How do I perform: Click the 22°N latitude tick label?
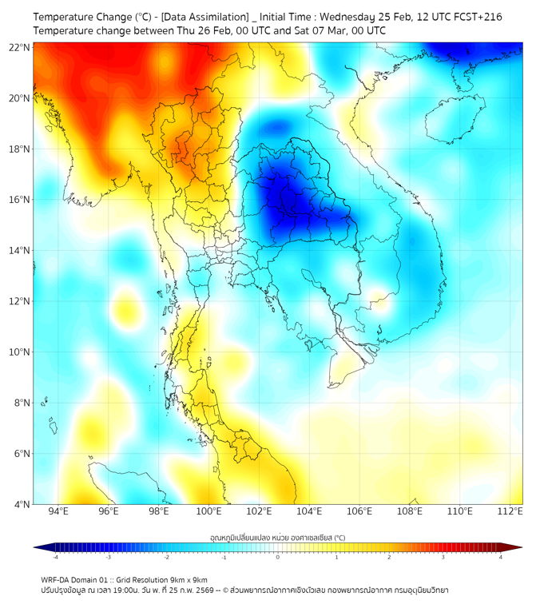tap(20, 48)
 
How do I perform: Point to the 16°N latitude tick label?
tap(20, 200)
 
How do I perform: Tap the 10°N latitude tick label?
tap(20, 352)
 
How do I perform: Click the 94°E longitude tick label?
tap(58, 511)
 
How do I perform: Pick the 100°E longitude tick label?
tap(208, 511)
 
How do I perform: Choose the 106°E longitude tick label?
tap(359, 511)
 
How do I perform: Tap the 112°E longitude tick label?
tap(510, 511)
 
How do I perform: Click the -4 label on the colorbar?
tap(54, 557)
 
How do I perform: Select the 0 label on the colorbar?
tap(278, 557)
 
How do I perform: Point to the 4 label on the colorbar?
tap(501, 557)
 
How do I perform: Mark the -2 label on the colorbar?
tap(165, 557)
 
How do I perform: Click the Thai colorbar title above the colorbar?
tap(277, 537)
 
